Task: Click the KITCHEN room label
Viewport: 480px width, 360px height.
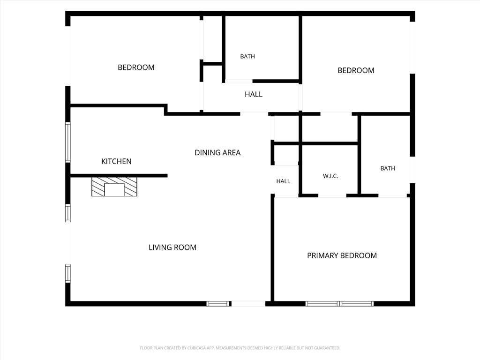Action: point(116,161)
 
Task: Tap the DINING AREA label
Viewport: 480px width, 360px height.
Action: point(217,152)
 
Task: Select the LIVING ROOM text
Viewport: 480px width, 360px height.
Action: point(172,247)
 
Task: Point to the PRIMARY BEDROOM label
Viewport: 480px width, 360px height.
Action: point(342,255)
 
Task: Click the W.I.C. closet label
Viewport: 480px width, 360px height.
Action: point(330,176)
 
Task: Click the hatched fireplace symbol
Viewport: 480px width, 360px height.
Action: point(114,187)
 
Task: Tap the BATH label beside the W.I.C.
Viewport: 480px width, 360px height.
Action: point(388,168)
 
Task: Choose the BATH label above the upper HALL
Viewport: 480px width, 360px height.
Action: point(247,56)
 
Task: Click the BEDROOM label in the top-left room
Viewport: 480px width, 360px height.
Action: point(136,67)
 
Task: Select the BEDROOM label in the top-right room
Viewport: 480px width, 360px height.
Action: point(356,70)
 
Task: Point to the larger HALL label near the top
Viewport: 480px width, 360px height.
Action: point(254,94)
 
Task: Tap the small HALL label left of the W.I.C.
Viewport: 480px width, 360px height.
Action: point(283,181)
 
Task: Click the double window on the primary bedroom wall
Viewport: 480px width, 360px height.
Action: point(339,304)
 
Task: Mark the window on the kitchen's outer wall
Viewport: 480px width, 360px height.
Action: point(67,142)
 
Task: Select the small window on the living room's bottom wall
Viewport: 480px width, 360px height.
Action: point(217,304)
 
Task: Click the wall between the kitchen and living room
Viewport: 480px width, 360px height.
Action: point(119,176)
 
